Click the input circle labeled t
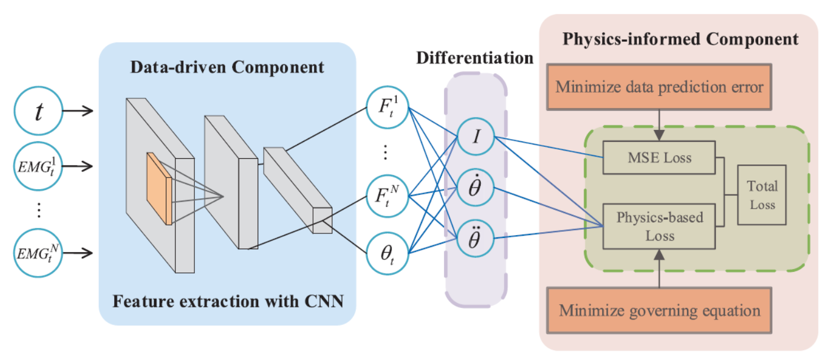point(38,111)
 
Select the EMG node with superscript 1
point(38,166)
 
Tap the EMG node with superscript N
point(38,253)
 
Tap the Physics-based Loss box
point(659,226)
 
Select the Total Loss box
point(762,195)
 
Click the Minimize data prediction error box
point(659,87)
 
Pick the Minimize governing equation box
point(659,310)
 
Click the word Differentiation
point(475,58)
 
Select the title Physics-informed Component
point(680,39)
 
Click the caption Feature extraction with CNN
point(228,300)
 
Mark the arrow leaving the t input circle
point(77,111)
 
